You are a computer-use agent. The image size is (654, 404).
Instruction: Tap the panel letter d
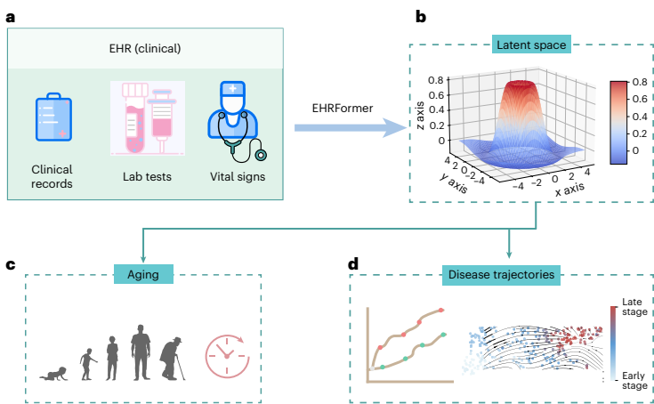click(355, 264)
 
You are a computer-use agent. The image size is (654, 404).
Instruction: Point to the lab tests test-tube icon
click(147, 117)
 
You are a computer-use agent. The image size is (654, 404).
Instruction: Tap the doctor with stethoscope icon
click(233, 120)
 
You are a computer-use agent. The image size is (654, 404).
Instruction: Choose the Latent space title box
click(531, 44)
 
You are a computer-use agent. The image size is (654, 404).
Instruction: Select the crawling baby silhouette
click(55, 372)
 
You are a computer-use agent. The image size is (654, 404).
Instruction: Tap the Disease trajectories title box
click(504, 276)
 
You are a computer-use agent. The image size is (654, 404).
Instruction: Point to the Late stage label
click(634, 307)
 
